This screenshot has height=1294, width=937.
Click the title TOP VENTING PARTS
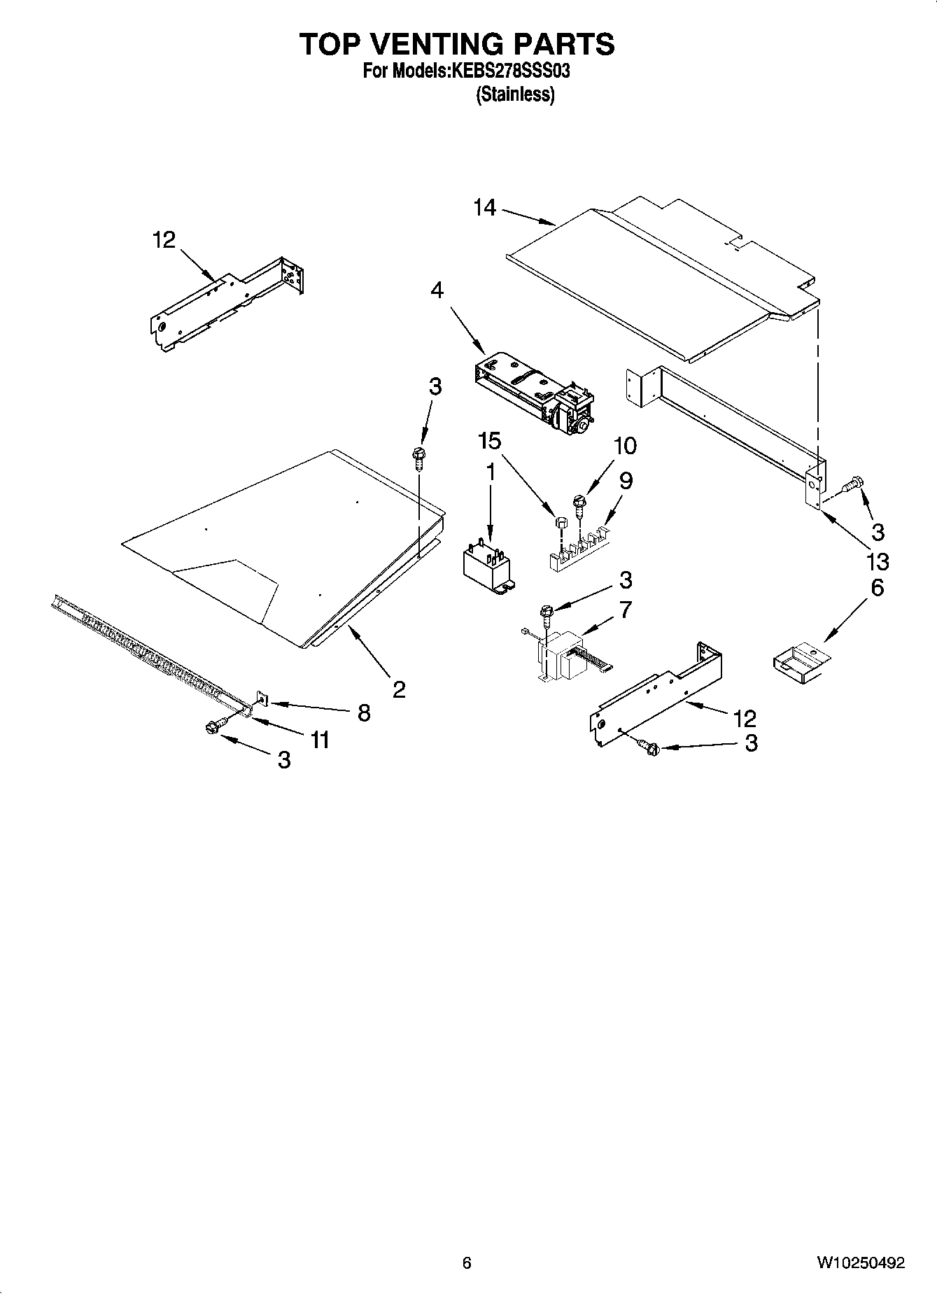click(457, 44)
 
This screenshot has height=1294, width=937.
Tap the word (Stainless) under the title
click(515, 94)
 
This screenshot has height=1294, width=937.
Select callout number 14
click(484, 208)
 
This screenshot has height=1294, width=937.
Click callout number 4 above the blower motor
click(437, 290)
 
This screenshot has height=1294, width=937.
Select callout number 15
click(490, 441)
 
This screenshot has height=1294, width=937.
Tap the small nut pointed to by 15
click(560, 522)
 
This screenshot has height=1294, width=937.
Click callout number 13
click(877, 561)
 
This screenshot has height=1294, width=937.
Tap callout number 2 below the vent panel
click(398, 690)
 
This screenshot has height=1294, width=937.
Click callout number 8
click(363, 712)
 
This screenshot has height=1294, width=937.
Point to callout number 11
click(320, 740)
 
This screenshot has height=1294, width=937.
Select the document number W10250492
click(860, 1263)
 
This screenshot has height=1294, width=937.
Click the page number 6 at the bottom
click(467, 1263)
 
